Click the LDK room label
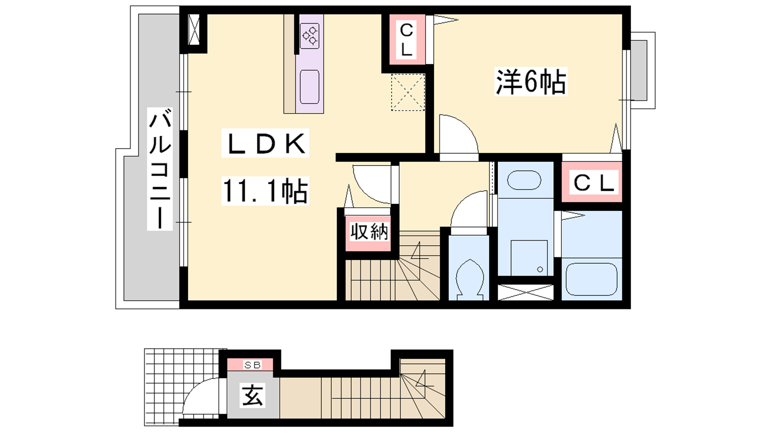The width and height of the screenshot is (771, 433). click(265, 143)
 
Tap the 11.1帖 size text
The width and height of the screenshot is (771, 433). click(265, 191)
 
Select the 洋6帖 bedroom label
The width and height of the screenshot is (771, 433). click(531, 82)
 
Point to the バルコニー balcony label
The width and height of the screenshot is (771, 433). click(160, 168)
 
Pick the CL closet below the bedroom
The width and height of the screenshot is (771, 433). click(593, 182)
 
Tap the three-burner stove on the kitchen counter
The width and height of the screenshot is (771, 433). click(310, 36)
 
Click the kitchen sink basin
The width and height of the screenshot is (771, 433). click(309, 87)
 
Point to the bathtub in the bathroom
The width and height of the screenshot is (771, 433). click(591, 280)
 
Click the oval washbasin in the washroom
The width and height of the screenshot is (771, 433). click(524, 180)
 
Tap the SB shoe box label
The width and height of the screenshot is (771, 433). click(253, 365)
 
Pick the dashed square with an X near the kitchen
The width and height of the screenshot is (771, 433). click(408, 92)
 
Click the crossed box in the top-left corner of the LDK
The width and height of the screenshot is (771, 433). click(194, 29)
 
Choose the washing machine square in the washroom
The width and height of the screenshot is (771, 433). click(529, 258)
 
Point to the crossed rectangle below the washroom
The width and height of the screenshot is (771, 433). click(526, 292)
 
